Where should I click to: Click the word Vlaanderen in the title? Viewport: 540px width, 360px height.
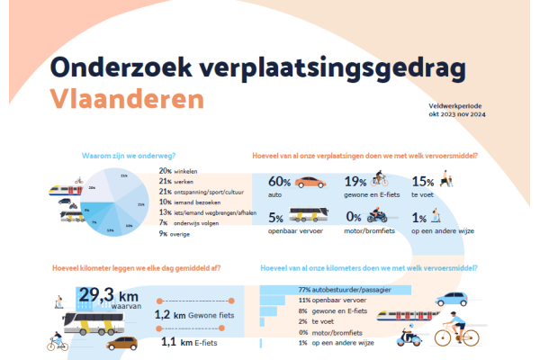126,97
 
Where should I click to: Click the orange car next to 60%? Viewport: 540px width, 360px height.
310,181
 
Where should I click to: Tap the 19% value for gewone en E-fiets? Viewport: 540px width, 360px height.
355,181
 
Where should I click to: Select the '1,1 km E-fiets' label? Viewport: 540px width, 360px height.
194,343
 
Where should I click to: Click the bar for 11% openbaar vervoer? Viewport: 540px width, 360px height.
271,300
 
